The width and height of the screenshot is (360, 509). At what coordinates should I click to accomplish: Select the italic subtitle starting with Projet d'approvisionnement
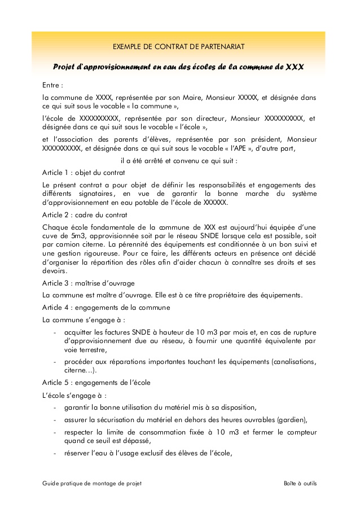tap(178, 67)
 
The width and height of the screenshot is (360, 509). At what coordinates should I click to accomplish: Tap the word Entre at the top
tap(51, 85)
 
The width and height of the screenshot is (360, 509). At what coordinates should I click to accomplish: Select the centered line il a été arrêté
tap(179, 161)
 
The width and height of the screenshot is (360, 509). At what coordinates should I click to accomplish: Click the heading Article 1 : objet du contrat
tap(84, 172)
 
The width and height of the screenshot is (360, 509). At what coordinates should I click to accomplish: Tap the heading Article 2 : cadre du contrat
tap(85, 214)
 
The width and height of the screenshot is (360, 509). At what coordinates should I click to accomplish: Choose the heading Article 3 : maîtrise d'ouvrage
tap(89, 283)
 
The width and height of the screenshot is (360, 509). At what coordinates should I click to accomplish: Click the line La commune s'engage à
tap(84, 319)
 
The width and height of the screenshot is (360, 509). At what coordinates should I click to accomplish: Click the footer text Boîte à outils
tap(300, 484)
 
